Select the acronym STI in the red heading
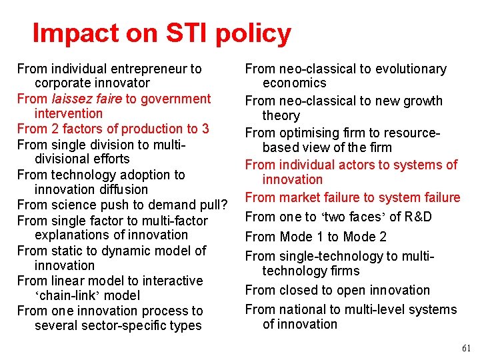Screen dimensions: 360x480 click(185, 33)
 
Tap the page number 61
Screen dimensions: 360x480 click(465, 348)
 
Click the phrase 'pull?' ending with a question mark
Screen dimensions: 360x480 click(215, 205)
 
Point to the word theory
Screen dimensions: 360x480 click(281, 115)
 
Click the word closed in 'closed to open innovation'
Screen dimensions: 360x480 click(297, 290)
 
